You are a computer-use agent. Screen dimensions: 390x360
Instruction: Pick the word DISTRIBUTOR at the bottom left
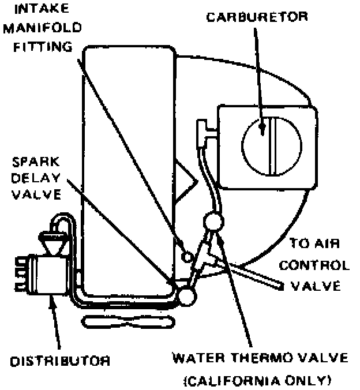(x=59, y=361)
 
